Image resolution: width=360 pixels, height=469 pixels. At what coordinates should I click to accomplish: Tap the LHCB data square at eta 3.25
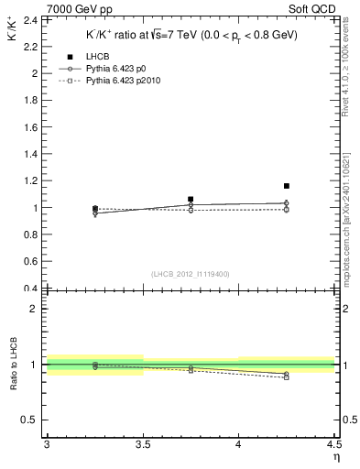[x=95, y=209]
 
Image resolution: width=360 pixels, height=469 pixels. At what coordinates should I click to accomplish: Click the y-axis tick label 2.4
[x=29, y=19]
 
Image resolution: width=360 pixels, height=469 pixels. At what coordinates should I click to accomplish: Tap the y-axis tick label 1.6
[x=29, y=126]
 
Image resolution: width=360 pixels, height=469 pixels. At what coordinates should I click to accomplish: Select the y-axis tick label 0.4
[x=29, y=289]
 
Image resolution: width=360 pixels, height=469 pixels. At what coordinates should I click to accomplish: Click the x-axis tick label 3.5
[x=143, y=444]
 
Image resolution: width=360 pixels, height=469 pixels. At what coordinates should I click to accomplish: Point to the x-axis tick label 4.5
[x=333, y=444]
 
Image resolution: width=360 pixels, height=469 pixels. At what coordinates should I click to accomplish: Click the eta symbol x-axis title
[x=336, y=456]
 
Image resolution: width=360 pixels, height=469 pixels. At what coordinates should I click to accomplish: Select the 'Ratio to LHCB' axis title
[x=12, y=365]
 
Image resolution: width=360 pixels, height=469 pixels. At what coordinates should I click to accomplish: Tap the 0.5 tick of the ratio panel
[x=29, y=420]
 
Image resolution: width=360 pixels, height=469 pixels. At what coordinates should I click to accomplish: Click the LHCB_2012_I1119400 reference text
[x=191, y=274]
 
